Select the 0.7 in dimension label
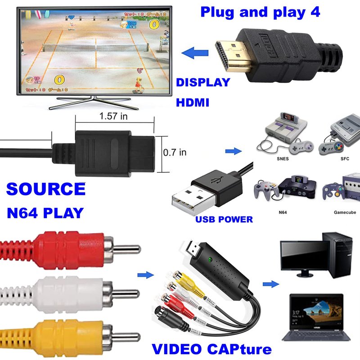coord(175,152)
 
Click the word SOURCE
coord(46,189)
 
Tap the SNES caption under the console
coord(283,159)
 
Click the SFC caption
coord(345,159)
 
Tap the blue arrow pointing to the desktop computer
coord(270,284)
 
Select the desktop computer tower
coord(339,256)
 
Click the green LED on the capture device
coord(210,260)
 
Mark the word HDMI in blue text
coord(192,103)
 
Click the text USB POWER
coord(224,220)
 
